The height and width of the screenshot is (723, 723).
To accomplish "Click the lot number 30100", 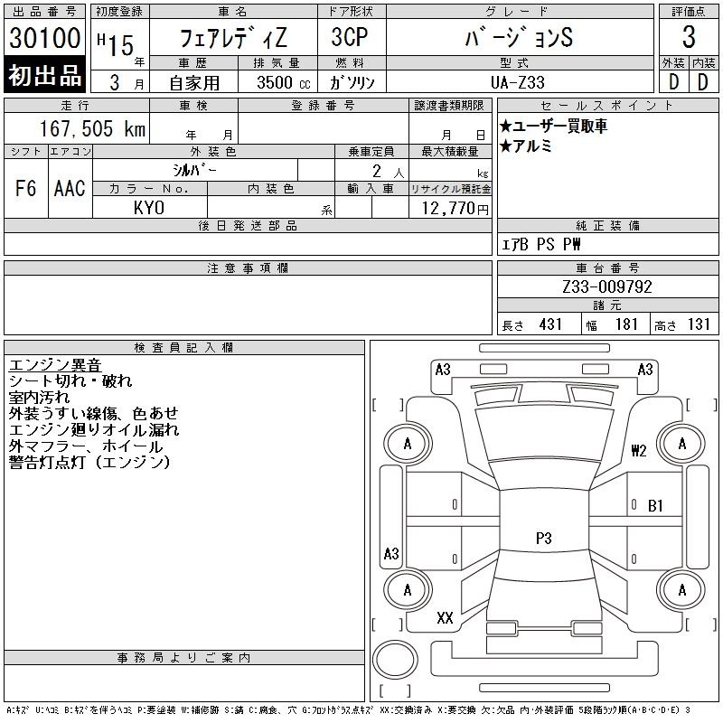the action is [44, 38].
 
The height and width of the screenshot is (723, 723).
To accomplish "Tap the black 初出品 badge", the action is [44, 75].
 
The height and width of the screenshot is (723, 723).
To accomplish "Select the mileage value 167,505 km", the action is [92, 129].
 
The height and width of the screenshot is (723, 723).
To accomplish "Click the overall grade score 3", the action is [689, 37].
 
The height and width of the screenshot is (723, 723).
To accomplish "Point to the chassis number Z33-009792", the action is [607, 286].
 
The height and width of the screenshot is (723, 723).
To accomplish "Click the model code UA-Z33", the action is [518, 82].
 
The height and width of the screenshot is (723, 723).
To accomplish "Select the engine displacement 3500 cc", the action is [284, 82].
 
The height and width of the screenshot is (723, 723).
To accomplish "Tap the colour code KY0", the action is [149, 208].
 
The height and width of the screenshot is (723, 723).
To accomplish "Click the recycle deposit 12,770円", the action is [455, 209].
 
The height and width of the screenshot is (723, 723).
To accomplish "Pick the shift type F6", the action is [26, 188].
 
